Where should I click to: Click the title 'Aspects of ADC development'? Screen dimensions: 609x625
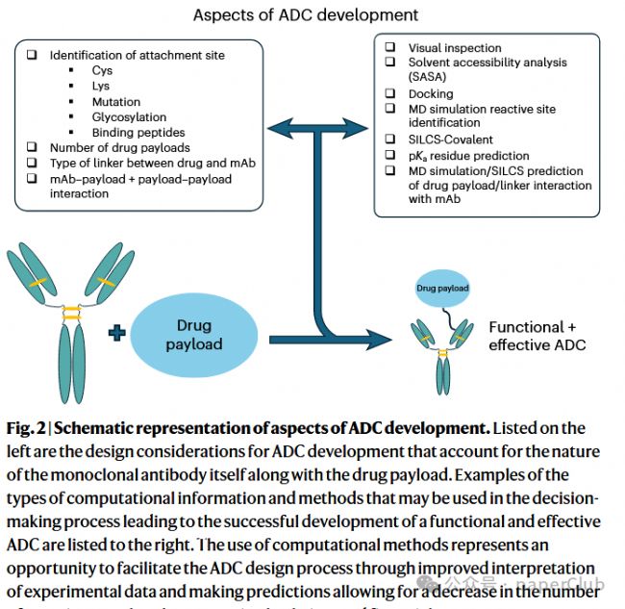click(x=306, y=14)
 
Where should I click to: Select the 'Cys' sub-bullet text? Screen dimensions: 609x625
click(x=102, y=71)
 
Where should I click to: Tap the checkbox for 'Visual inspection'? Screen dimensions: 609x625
click(x=390, y=48)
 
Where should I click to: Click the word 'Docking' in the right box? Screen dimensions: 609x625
click(x=431, y=94)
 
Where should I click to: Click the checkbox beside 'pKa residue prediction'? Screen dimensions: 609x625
click(x=390, y=155)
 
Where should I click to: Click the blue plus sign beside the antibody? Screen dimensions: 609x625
click(x=117, y=333)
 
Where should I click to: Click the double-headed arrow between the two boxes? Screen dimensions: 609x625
click(x=316, y=125)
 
